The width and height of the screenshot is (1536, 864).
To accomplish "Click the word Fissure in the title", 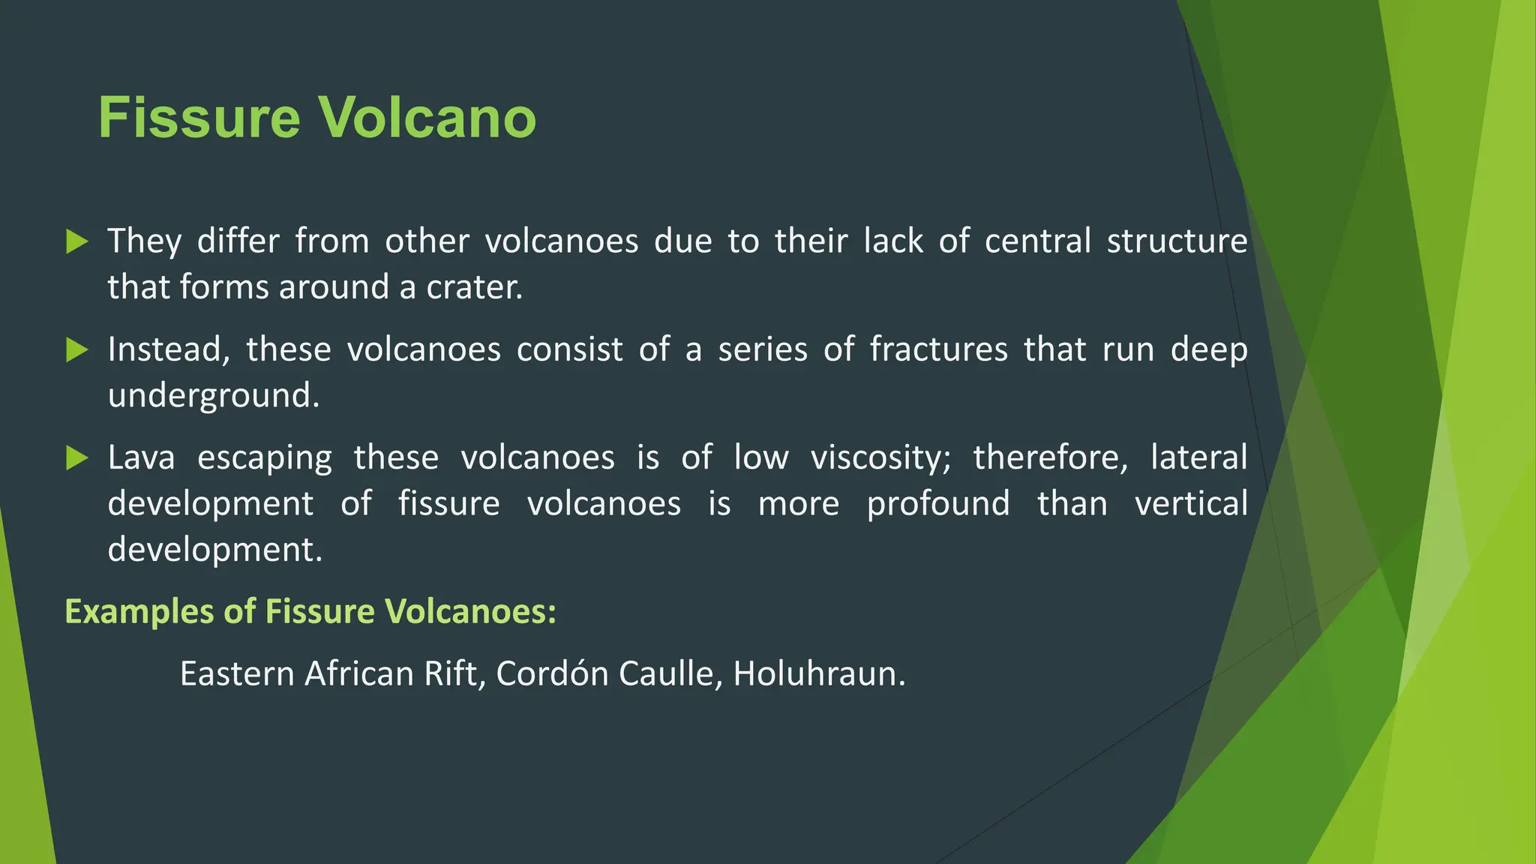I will tap(199, 118).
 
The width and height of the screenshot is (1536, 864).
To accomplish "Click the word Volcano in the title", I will tap(427, 118).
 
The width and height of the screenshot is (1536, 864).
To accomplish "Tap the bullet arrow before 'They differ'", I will tap(76, 241).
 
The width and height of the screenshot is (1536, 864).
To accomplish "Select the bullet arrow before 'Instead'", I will tap(76, 349).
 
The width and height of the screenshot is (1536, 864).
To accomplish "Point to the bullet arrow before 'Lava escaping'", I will tap(76, 457).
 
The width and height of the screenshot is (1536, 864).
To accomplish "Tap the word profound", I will tap(938, 503).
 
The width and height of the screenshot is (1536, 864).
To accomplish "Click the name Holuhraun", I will tap(819, 673).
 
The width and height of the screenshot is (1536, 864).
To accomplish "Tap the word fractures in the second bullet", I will tap(938, 349).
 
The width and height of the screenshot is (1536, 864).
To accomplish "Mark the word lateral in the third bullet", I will tap(1198, 457).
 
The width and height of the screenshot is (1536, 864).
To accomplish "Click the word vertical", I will tap(1191, 503).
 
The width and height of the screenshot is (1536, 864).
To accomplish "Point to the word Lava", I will tap(141, 457).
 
